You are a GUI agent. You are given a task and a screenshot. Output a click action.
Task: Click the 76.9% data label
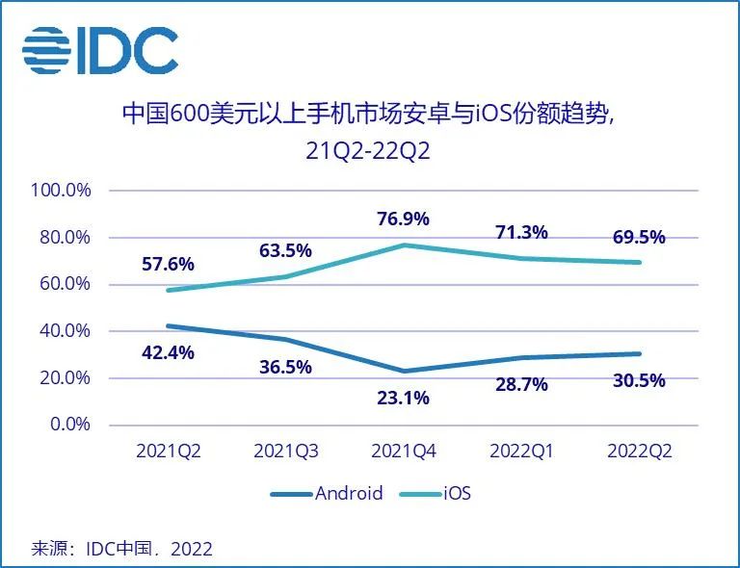(x=403, y=219)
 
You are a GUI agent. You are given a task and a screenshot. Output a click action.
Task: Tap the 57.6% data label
(x=168, y=264)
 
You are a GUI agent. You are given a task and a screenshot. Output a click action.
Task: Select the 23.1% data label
(x=403, y=396)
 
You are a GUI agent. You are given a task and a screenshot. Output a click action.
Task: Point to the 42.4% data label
(x=168, y=352)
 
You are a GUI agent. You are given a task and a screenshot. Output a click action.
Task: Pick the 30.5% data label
(x=638, y=379)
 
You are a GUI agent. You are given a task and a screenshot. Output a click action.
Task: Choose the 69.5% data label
(x=638, y=237)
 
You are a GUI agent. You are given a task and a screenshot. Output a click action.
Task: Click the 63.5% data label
(x=285, y=250)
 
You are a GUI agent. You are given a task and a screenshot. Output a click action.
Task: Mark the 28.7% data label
(x=520, y=384)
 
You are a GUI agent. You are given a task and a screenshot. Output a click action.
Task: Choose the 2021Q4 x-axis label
(x=403, y=451)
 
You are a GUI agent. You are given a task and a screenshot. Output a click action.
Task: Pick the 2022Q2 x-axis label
(x=638, y=451)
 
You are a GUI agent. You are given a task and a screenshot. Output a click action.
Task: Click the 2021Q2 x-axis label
(x=168, y=451)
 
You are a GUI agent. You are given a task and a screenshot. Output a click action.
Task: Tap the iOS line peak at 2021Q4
(x=403, y=245)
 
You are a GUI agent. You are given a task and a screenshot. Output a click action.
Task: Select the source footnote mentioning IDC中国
(x=122, y=549)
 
